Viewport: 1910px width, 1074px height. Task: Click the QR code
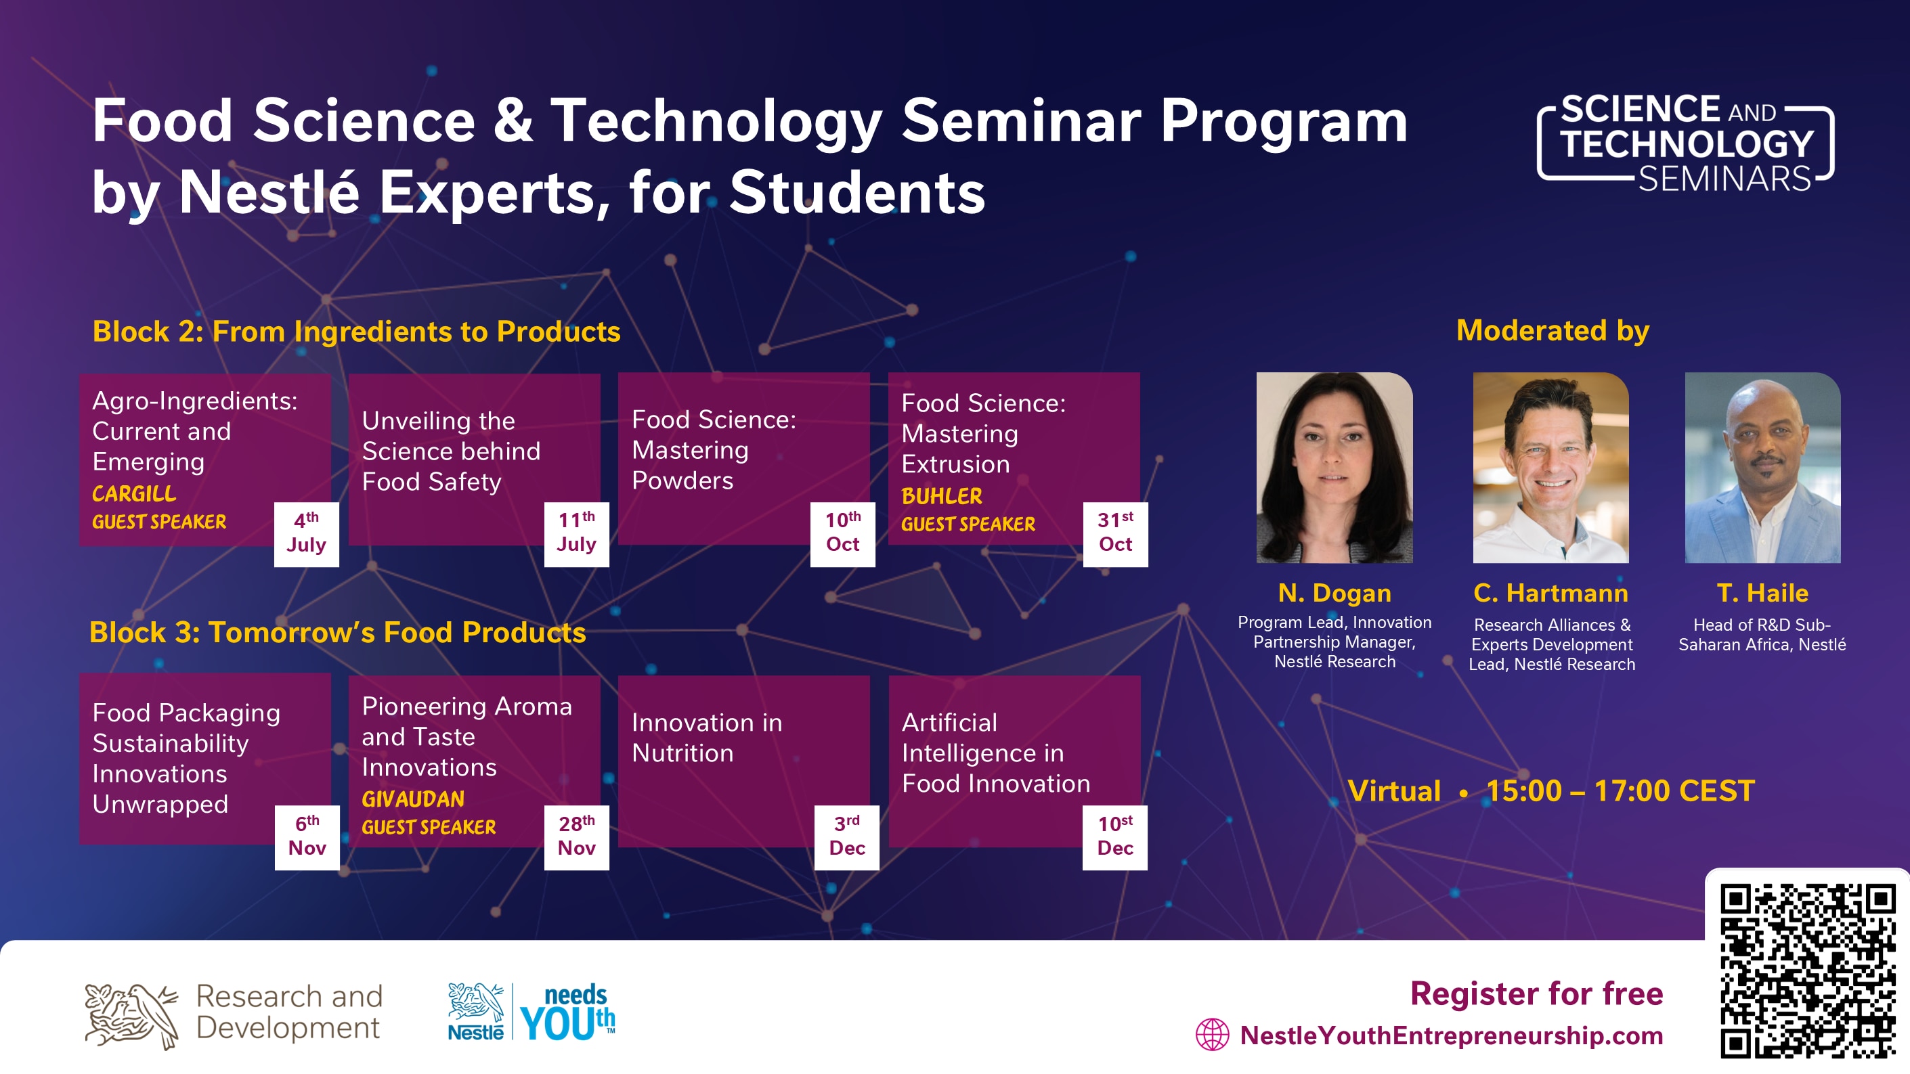pos(1808,971)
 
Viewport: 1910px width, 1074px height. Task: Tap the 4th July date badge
pos(306,535)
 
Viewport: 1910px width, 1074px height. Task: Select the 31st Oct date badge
pos(1115,535)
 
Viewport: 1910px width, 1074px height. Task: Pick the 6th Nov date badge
pos(307,838)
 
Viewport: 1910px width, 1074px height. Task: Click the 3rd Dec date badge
pos(847,838)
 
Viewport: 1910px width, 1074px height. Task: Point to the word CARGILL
pos(134,493)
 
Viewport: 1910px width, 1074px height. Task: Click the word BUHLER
pos(942,496)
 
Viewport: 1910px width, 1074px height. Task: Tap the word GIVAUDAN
pos(413,799)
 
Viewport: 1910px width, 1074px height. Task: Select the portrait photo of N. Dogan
pos(1334,468)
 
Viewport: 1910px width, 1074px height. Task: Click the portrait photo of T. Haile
pos(1762,468)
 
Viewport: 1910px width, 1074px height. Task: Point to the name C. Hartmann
pos(1550,593)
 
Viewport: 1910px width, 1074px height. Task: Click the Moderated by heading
pos(1553,330)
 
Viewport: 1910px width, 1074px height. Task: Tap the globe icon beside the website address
pos(1213,1035)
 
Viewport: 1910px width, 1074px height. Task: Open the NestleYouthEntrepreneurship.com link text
pos(1452,1035)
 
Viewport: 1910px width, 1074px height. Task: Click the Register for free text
pos(1536,993)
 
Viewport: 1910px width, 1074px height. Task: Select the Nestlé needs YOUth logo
pos(531,1012)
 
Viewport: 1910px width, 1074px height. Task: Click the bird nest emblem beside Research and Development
pos(131,1015)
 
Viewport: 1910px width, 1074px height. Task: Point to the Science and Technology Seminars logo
pos(1685,143)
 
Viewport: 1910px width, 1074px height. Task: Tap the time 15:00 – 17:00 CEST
pos(1620,791)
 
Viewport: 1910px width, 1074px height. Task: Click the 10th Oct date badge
pos(842,535)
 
